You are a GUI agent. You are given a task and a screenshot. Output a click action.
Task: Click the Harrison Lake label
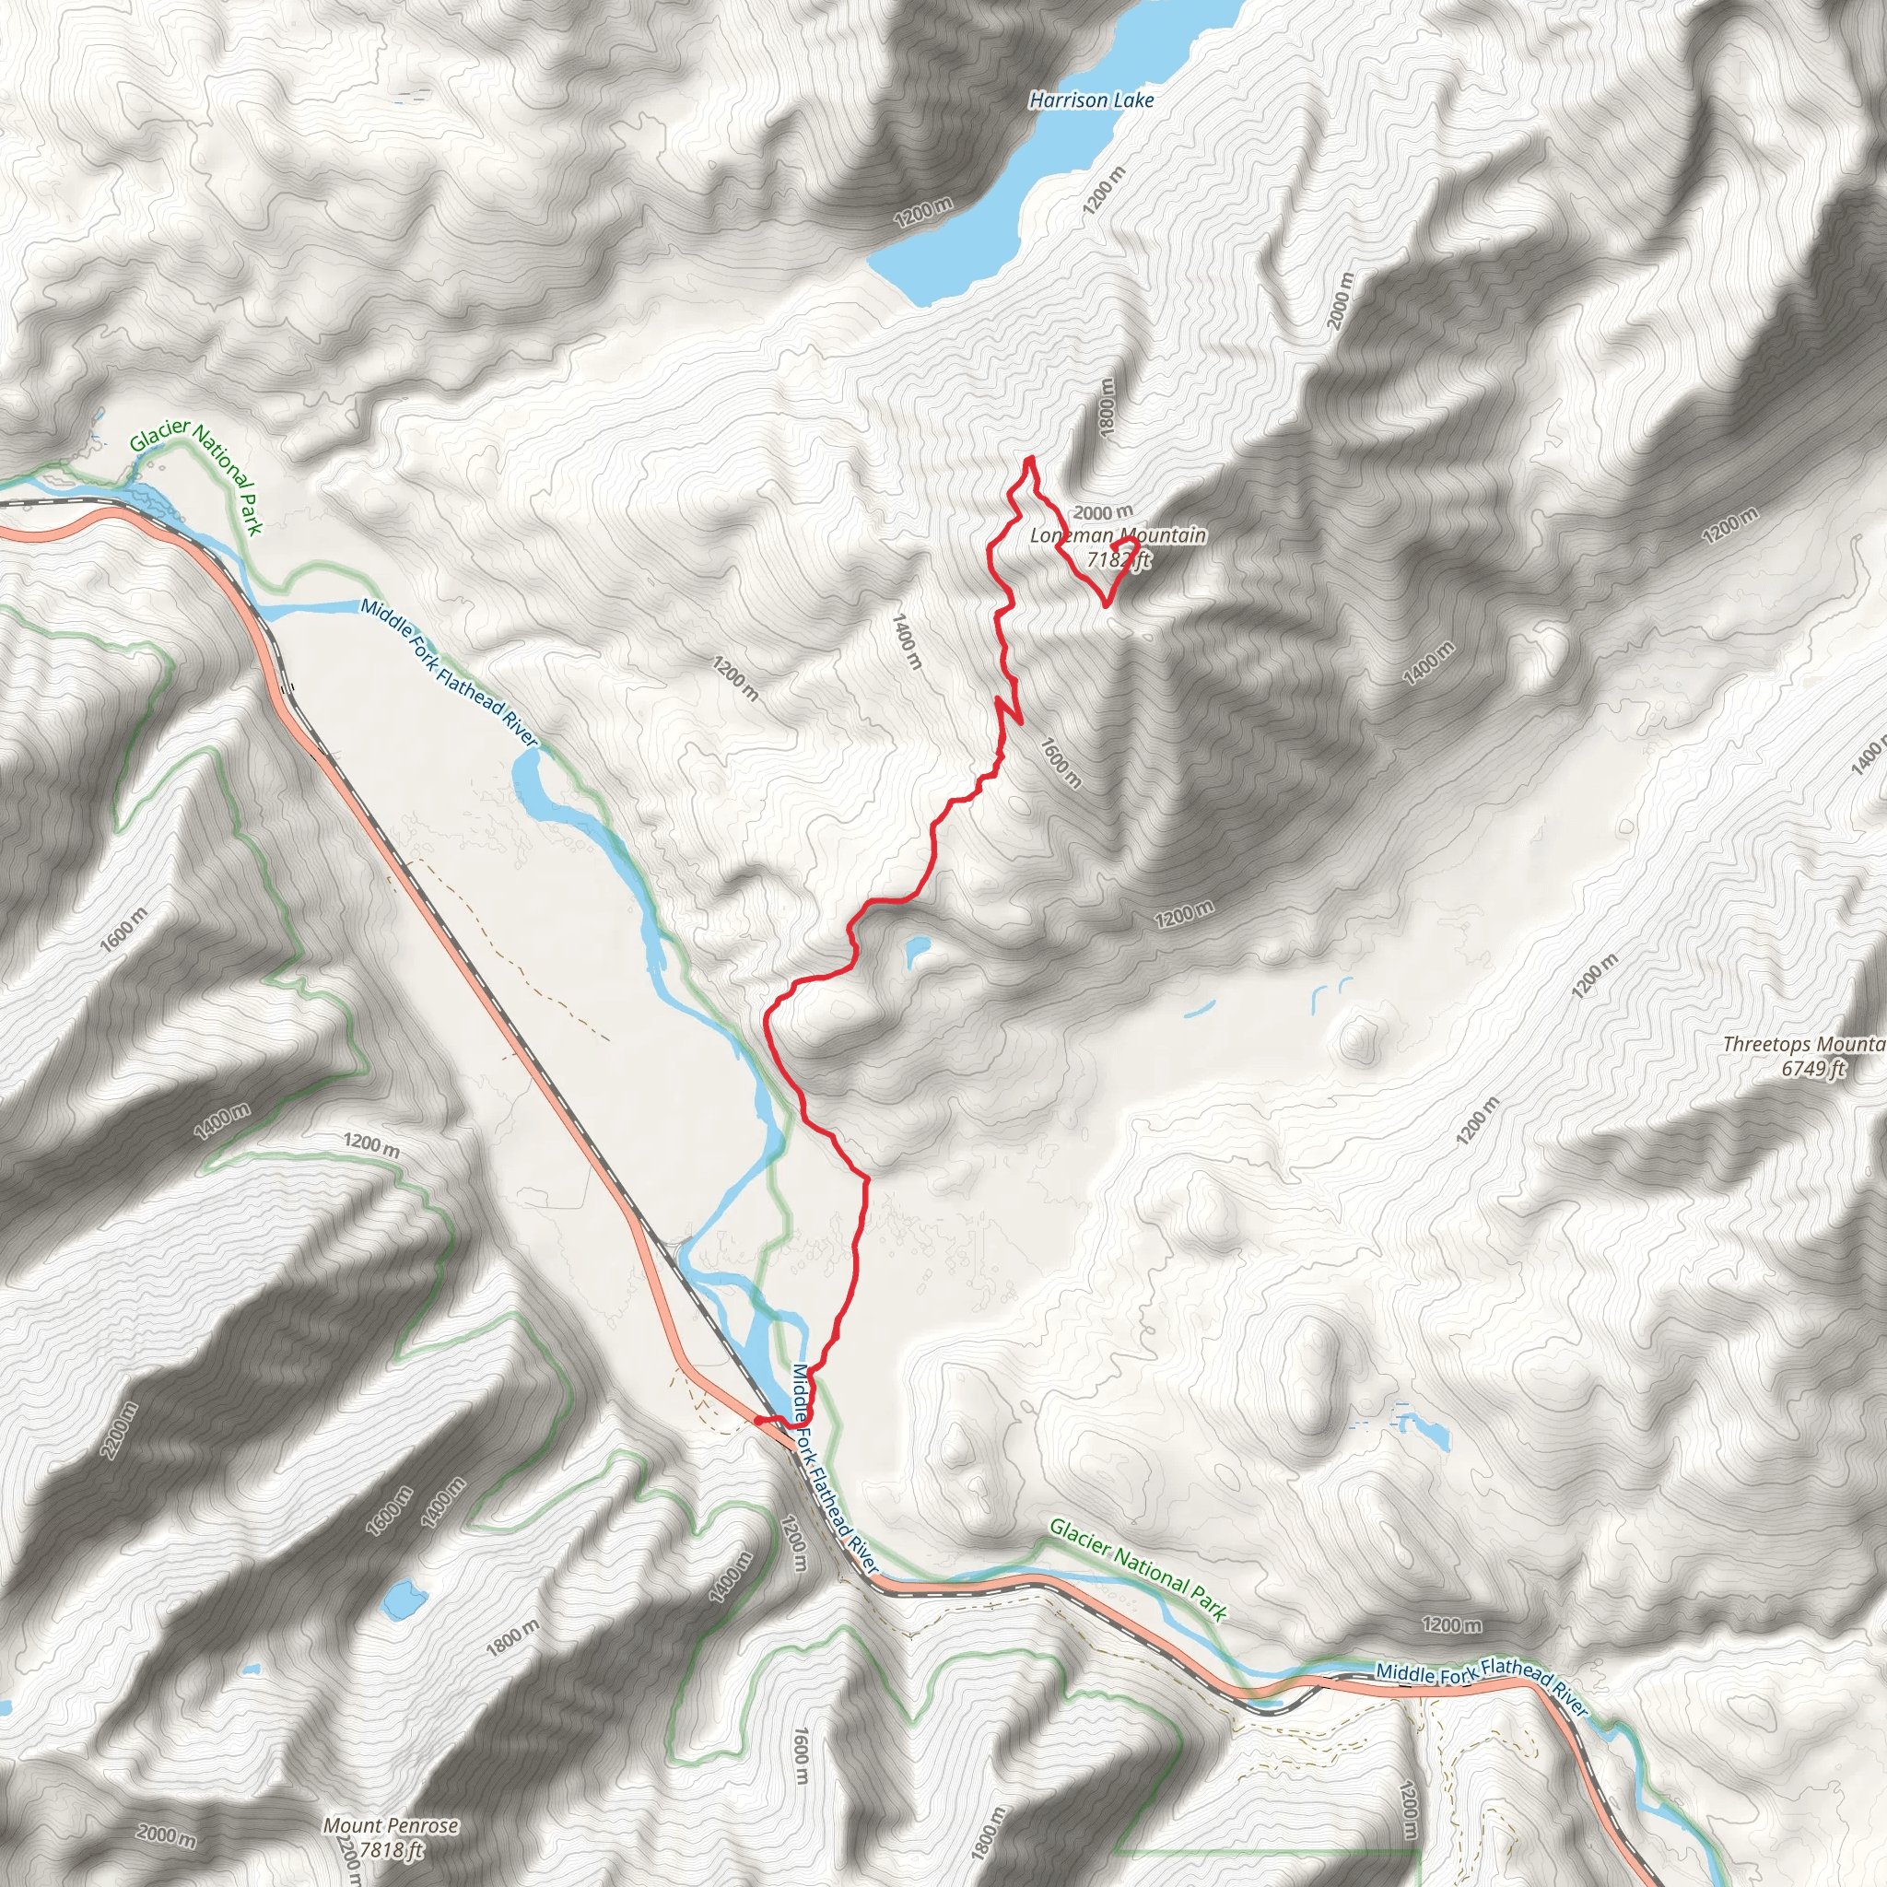tap(1091, 100)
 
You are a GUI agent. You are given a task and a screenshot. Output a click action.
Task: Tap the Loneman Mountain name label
tap(1118, 535)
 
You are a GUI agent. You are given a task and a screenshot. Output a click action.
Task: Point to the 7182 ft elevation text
tap(1119, 559)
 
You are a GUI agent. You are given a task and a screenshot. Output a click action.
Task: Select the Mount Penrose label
tap(391, 1824)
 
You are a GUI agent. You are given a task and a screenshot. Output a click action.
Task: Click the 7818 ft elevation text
tap(391, 1849)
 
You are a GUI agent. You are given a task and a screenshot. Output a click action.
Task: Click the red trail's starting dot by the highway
tap(759, 1421)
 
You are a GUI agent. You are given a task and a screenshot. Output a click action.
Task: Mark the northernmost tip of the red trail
tap(1029, 458)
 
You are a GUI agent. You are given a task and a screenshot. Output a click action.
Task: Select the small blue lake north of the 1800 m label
tap(402, 1599)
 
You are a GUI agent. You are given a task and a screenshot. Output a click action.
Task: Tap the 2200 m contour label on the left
tap(119, 1431)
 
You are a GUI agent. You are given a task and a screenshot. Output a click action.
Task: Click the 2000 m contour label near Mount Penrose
tap(166, 1835)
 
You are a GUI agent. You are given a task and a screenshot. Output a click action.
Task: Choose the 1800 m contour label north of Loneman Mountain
tap(1107, 408)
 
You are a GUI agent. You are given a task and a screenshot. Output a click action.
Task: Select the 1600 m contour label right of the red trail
tap(1061, 763)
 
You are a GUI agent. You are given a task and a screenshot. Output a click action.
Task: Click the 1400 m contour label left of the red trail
tap(908, 640)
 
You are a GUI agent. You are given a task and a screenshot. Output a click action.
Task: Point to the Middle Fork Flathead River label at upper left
tap(450, 672)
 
